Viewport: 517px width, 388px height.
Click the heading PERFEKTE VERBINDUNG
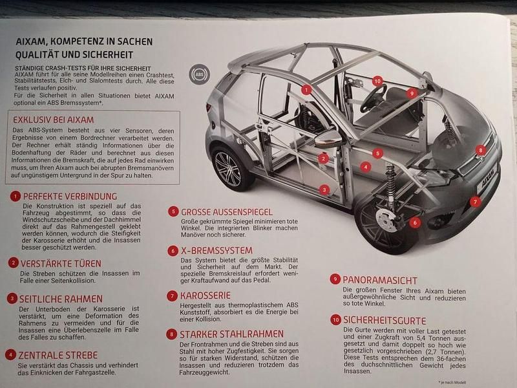70,196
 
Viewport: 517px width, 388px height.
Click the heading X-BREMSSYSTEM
216,250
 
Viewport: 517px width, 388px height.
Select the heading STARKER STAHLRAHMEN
232,334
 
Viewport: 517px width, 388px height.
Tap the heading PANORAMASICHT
380,279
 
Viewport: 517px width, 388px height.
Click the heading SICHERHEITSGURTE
385,320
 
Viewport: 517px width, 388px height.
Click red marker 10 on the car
377,81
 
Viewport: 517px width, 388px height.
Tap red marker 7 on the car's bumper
476,201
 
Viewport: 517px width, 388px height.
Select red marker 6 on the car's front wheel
414,222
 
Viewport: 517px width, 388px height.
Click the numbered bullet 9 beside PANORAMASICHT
335,279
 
